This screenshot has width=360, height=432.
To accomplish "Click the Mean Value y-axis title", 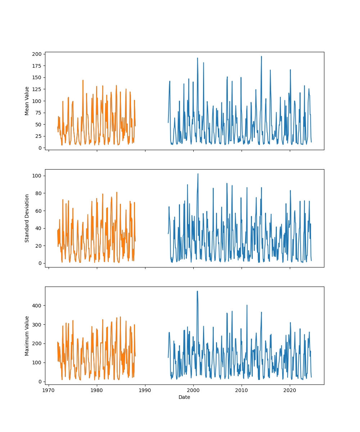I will [27, 101].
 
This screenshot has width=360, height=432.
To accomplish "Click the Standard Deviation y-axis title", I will [27, 218].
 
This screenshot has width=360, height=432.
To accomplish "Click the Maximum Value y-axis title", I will [27, 336].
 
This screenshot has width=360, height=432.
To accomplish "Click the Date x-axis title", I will [184, 397].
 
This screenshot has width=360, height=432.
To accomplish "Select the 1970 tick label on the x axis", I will [49, 390].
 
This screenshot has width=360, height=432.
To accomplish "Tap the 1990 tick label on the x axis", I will [145, 390].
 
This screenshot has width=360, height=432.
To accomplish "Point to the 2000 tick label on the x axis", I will [193, 390].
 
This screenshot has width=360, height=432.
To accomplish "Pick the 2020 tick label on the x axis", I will [290, 390].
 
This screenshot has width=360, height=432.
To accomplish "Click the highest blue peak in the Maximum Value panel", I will [197, 291].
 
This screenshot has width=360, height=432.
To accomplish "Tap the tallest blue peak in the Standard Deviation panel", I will [198, 174].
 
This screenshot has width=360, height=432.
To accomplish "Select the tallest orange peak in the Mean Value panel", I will [83, 80].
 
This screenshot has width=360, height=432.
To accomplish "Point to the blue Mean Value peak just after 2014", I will [261, 57].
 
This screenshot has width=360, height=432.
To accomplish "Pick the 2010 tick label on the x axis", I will [242, 390].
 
